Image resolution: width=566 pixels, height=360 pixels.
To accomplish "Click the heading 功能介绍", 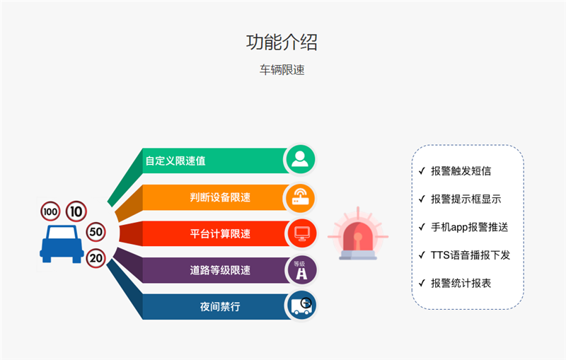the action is [282, 42].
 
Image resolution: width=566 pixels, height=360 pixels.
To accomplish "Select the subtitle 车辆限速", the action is [282, 69].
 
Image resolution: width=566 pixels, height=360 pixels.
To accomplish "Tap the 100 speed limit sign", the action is [50, 211].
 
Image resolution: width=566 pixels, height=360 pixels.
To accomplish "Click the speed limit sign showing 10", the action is [76, 211].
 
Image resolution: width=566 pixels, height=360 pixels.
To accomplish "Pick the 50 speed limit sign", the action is [96, 231].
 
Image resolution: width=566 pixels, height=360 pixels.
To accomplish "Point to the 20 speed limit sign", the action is [96, 258].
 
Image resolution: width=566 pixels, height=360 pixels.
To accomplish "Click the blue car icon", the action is [62, 244].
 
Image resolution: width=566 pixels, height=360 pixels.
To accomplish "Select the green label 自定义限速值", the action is [175, 161].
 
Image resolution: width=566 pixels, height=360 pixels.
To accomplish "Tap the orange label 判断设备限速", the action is [220, 197].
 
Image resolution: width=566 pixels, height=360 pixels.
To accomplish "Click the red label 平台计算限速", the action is [220, 233].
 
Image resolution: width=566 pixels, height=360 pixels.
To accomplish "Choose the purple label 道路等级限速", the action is [220, 270].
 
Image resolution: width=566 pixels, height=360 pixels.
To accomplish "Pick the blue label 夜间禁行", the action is [220, 307].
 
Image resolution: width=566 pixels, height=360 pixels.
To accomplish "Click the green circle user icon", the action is [300, 159].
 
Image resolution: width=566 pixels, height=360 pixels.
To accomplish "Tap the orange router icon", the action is [300, 197].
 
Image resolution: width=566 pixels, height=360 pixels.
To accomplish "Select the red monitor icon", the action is [302, 233].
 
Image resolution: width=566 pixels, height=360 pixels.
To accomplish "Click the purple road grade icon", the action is [301, 270].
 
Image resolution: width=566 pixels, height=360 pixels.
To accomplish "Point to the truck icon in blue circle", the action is [301, 306].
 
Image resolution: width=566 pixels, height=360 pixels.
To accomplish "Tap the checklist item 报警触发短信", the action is [461, 171].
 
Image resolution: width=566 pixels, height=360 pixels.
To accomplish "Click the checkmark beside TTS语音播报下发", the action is [422, 255].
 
